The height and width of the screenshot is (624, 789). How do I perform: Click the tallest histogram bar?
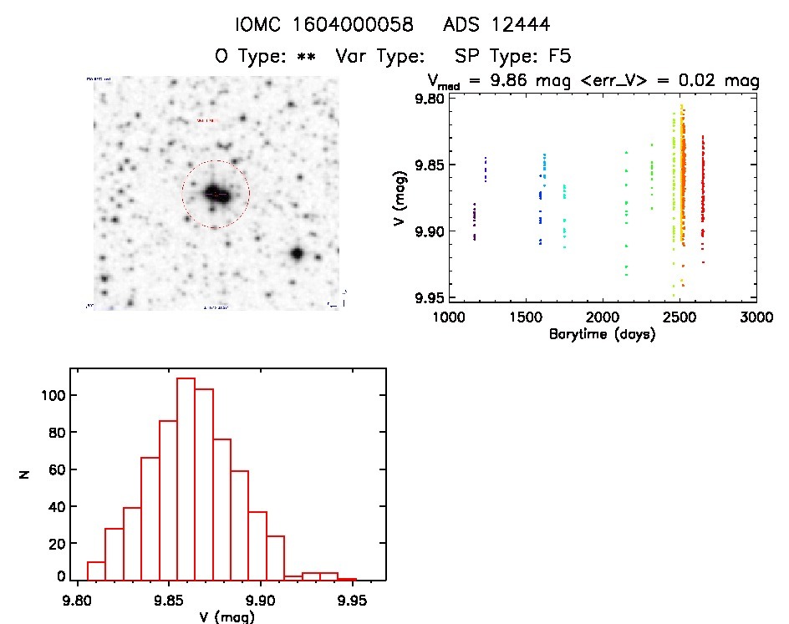click(x=186, y=479)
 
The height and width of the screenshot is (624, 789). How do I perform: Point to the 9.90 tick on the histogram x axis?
click(x=262, y=598)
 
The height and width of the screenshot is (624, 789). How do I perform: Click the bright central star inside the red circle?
click(x=214, y=193)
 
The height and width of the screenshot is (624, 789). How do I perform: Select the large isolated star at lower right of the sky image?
click(x=296, y=253)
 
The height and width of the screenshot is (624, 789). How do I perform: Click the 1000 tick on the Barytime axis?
click(x=449, y=318)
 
